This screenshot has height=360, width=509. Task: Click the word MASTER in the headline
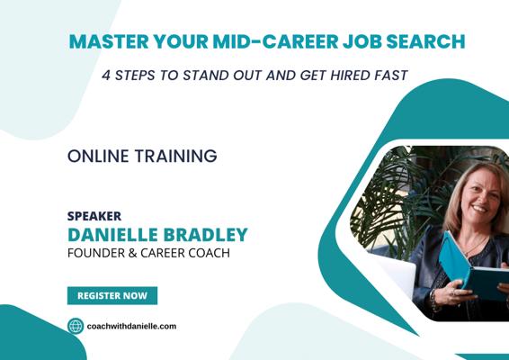click(x=109, y=41)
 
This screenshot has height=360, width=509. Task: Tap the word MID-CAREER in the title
click(x=275, y=41)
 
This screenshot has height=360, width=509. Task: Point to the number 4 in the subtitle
click(x=106, y=76)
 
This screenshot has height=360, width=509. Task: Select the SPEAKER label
click(x=94, y=216)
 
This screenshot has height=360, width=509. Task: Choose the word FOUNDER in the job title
click(x=96, y=253)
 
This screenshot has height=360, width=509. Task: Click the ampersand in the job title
click(x=132, y=253)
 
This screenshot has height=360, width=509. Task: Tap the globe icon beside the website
click(x=76, y=326)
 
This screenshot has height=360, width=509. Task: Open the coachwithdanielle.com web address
click(x=132, y=326)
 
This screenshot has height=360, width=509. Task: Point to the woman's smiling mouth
click(x=479, y=208)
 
